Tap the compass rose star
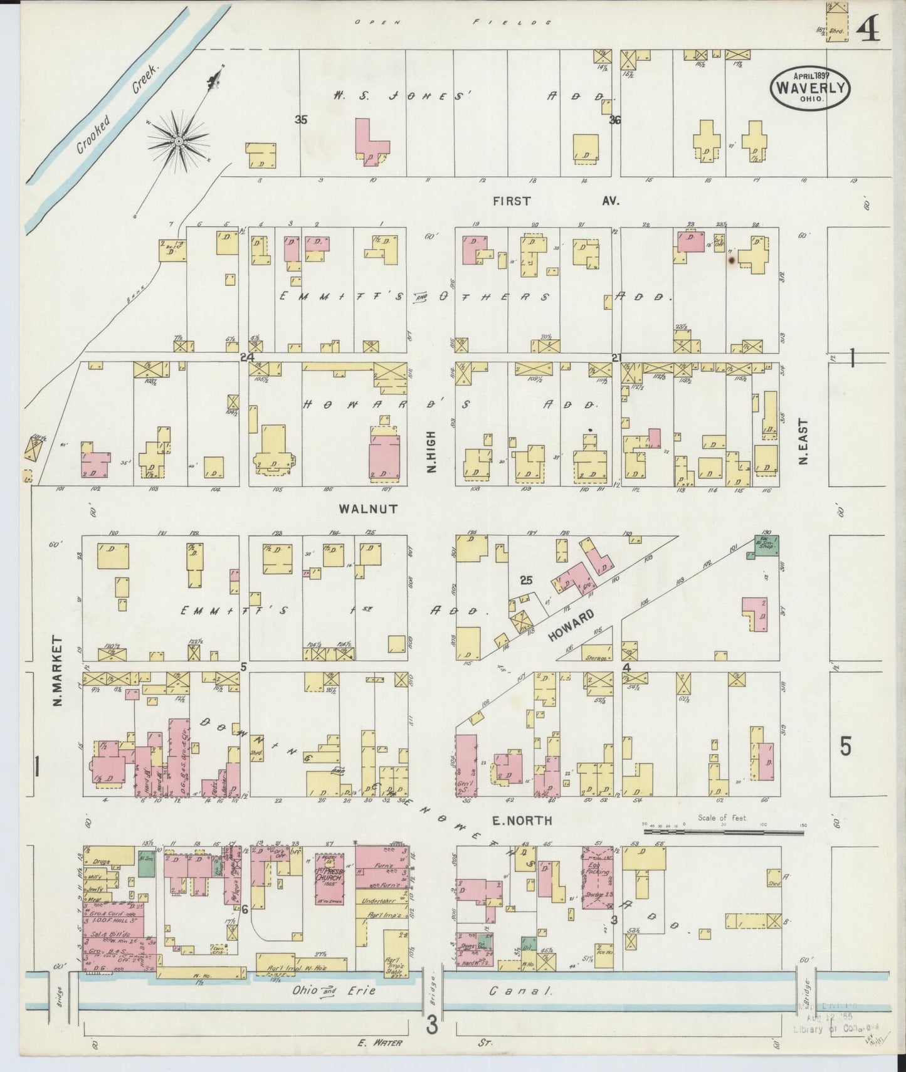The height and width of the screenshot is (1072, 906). click(179, 142)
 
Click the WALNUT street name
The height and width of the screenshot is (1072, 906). click(368, 509)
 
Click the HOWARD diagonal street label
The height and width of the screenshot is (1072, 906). click(570, 626)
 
